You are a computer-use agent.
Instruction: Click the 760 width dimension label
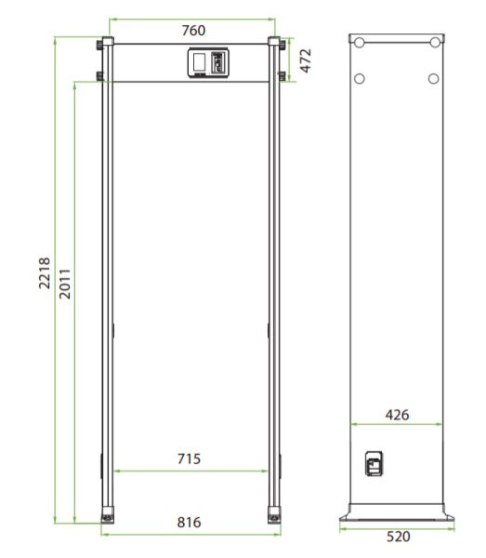[192, 31]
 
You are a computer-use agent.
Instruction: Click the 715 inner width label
[189, 458]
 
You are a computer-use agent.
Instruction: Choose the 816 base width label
[189, 523]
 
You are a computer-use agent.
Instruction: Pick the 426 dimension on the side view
[396, 414]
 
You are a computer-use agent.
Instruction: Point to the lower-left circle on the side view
[360, 78]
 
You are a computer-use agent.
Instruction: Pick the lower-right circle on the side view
[433, 78]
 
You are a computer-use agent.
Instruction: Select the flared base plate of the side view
[396, 513]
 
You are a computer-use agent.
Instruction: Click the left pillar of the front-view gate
[108, 279]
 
